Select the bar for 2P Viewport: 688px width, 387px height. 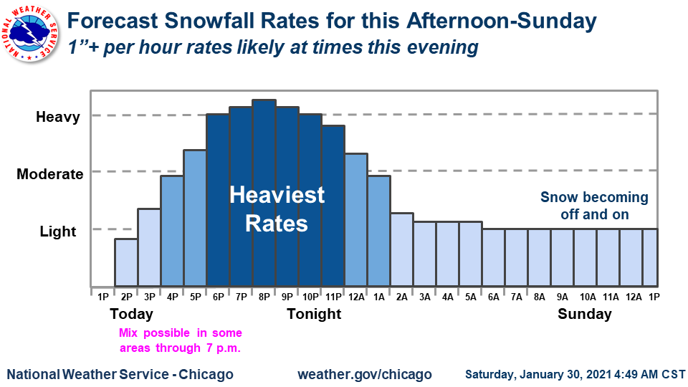[126, 262]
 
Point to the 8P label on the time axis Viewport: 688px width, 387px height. [264, 296]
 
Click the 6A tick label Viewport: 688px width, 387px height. [493, 296]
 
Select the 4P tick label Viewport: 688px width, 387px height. [172, 296]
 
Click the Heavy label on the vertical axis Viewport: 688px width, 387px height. [57, 117]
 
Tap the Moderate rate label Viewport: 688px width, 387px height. [50, 174]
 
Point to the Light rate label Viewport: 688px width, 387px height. [57, 231]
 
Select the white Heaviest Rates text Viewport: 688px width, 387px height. [277, 209]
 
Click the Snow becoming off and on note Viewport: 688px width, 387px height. [594, 206]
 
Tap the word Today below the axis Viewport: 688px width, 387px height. [131, 314]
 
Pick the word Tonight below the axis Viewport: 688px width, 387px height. [314, 314]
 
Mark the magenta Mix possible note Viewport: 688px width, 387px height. [180, 340]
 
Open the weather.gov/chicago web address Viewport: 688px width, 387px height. [364, 374]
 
